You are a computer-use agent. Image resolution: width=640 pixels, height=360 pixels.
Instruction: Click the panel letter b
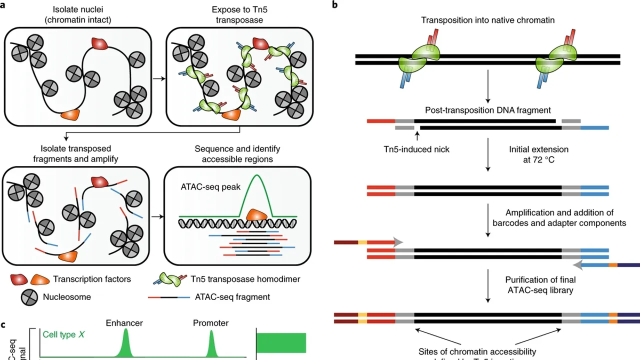click(x=334, y=4)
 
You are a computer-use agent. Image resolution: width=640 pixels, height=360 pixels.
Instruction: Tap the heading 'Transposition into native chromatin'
click(x=487, y=20)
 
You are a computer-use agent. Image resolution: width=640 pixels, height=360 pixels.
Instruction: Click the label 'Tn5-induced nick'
click(x=416, y=149)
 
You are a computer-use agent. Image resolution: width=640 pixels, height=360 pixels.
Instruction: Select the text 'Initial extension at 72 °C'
click(x=538, y=154)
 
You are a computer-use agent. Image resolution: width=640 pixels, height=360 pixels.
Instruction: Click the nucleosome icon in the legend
click(x=29, y=297)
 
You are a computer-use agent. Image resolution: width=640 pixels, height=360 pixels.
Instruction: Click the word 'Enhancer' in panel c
click(x=124, y=323)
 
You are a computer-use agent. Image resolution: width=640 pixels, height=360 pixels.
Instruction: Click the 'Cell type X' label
click(x=62, y=334)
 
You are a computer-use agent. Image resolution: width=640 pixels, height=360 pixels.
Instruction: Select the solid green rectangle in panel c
click(x=281, y=342)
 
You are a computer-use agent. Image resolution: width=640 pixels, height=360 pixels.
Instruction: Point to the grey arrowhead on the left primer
click(x=398, y=242)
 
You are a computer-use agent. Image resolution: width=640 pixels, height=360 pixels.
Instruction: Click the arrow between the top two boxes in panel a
click(x=157, y=78)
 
